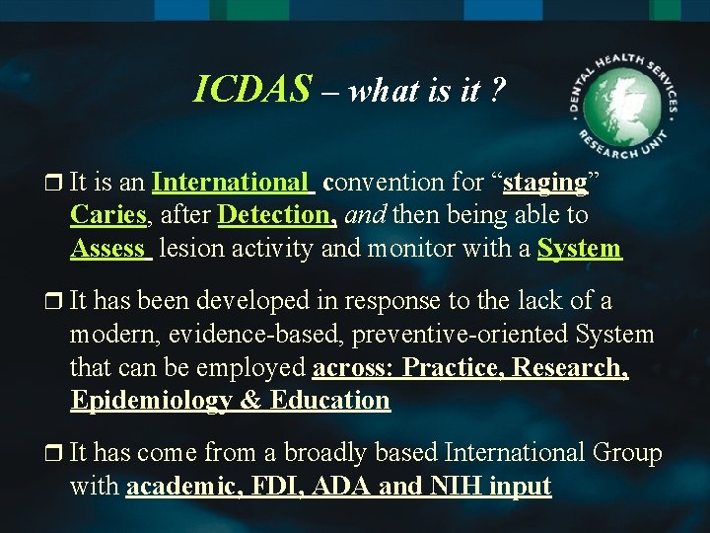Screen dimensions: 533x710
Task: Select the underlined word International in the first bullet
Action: (231, 182)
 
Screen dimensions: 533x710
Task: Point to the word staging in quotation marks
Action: (545, 183)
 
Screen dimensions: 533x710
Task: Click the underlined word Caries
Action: (108, 214)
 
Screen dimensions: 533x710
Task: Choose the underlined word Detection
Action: (277, 214)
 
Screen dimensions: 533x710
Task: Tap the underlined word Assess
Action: (108, 248)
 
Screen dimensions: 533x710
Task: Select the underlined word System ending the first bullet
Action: (580, 248)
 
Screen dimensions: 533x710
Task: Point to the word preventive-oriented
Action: (445, 334)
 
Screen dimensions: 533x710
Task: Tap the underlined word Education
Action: (329, 400)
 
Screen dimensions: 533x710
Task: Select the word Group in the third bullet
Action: (626, 452)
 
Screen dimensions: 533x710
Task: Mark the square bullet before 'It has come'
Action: (54, 453)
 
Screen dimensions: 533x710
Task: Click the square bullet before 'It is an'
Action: (54, 183)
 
